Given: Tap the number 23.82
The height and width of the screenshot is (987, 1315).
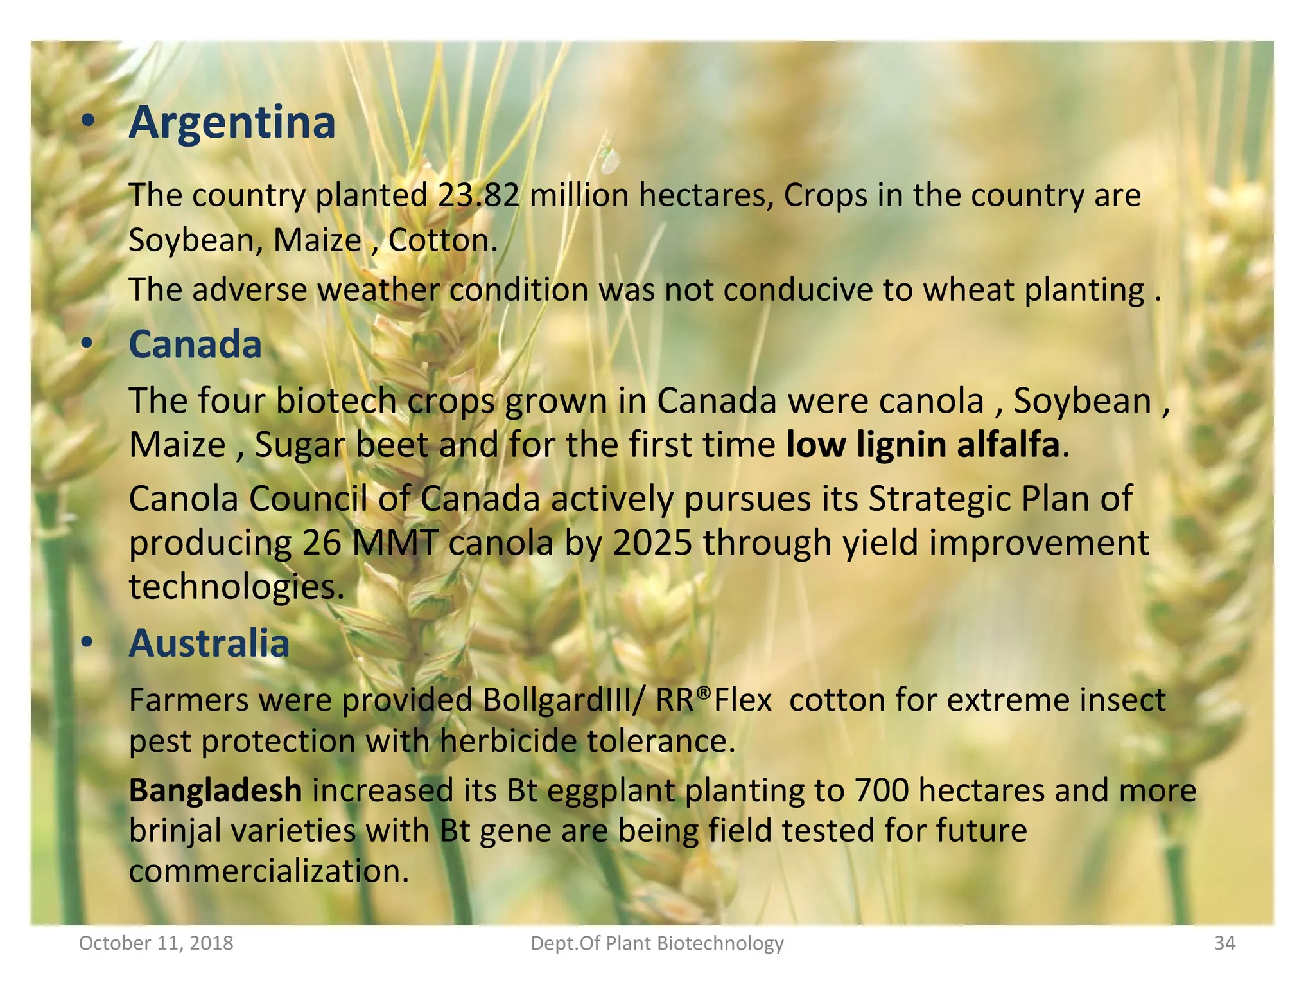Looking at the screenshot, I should coord(478,195).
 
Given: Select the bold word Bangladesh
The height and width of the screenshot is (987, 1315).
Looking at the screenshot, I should coord(216,790).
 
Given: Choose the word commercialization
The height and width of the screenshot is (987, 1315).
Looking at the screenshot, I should coord(268,872).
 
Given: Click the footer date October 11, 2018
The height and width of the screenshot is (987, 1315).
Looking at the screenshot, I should coord(156,943).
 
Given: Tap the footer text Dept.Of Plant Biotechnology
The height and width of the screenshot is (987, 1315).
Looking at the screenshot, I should coord(657,943).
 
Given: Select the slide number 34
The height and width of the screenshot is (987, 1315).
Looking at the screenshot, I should coord(1224,943).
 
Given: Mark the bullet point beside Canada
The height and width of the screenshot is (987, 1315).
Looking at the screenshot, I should coord(87,344).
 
